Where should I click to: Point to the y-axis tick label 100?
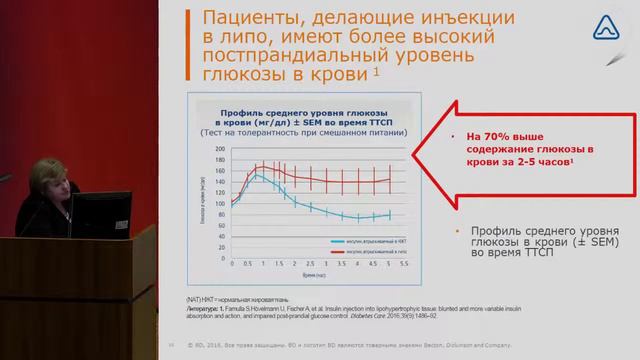pos(220,197)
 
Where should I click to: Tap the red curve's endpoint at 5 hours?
pos(388,180)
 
